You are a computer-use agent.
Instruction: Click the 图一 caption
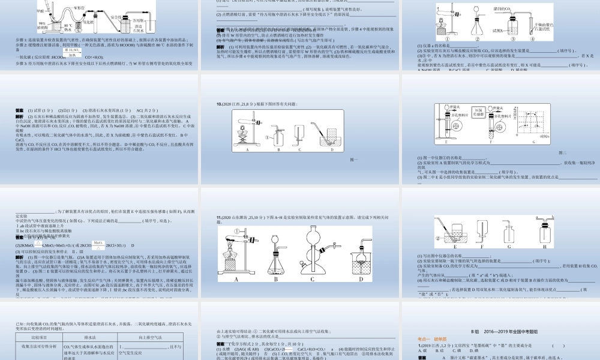353,160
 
